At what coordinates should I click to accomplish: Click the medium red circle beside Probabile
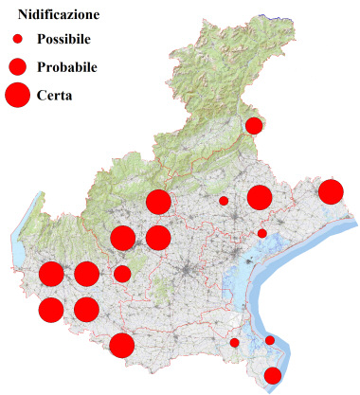click(17, 66)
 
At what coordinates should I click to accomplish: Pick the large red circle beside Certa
click(17, 95)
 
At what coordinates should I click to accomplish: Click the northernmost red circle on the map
click(254, 125)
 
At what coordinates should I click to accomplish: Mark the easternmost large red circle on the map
click(331, 191)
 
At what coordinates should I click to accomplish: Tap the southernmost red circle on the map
click(273, 375)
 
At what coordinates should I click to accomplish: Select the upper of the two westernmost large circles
click(51, 275)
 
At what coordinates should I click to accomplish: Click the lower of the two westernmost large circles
click(51, 310)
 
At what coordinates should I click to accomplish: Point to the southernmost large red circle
click(121, 345)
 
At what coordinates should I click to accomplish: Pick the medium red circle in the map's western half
click(122, 274)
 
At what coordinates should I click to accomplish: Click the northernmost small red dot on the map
click(224, 201)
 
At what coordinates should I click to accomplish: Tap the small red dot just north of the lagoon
click(262, 233)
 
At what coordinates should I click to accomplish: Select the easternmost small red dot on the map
click(270, 340)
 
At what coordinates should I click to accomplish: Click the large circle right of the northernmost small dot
click(260, 197)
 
